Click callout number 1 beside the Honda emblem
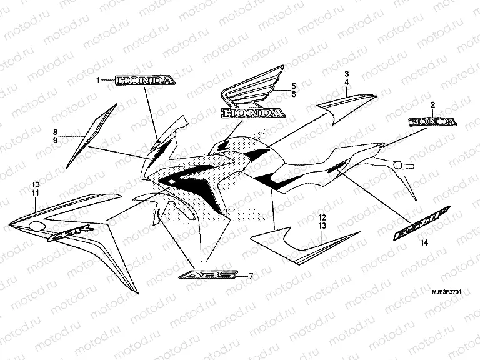(x=98, y=81)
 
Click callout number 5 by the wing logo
(x=292, y=86)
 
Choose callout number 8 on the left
(x=55, y=132)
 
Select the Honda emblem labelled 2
(x=431, y=121)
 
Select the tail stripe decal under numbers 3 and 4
(x=347, y=107)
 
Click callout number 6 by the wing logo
(x=292, y=94)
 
